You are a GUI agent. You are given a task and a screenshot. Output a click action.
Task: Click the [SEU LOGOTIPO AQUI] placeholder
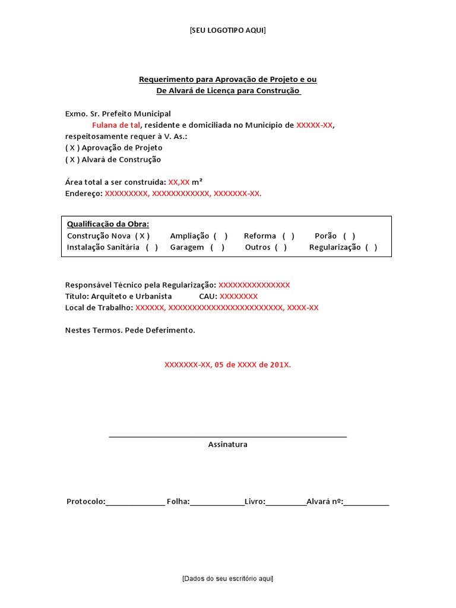coord(227,30)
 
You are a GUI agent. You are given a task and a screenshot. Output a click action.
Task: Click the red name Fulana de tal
coord(116,125)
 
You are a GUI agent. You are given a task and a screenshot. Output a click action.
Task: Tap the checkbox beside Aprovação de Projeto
coord(72,148)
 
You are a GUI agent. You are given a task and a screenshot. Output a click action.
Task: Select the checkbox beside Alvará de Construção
coord(72,159)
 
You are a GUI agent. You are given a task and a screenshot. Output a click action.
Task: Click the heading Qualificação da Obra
coord(107,224)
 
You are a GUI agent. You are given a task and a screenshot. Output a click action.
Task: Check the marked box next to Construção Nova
coord(141,236)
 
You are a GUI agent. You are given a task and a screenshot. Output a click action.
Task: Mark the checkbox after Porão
coord(349,236)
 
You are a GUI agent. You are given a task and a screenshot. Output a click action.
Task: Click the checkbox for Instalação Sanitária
coord(152,247)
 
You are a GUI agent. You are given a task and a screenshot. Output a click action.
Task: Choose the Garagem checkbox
coord(217,247)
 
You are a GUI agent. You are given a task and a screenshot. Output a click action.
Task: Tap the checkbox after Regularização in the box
coord(371,247)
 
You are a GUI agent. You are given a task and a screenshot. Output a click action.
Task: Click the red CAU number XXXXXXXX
coord(238,296)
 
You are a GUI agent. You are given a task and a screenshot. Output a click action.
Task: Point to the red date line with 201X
coord(227,365)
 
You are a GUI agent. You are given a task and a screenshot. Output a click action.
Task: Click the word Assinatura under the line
coord(227,444)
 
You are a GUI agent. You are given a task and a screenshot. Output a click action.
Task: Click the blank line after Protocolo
coord(135,502)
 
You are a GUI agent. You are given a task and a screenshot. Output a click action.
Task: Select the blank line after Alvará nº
coord(366,502)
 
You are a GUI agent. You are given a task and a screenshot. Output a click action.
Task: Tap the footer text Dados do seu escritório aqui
coord(227,578)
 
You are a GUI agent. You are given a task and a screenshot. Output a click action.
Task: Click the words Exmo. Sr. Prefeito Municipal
coord(118,113)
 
